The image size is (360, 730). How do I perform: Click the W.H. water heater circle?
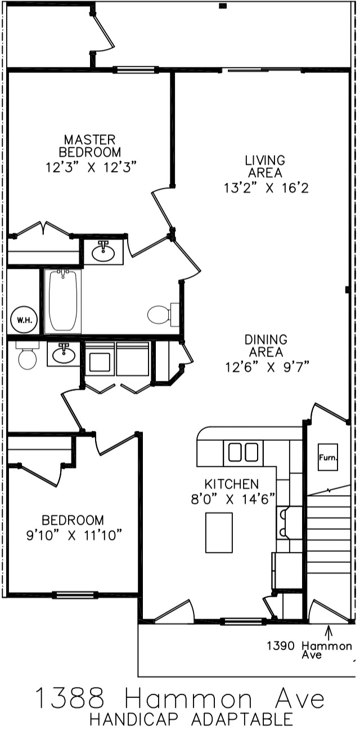tap(23, 321)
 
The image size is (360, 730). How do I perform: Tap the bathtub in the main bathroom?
tap(62, 301)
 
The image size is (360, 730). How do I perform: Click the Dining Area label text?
tap(266, 346)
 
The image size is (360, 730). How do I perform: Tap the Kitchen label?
tap(231, 484)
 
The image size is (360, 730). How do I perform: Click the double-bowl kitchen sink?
tap(243, 452)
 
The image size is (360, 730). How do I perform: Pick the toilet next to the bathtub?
tap(160, 314)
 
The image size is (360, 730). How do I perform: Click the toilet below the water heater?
tap(26, 357)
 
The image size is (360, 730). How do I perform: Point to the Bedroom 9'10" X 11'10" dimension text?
tap(74, 536)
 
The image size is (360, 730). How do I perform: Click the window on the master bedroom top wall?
tap(135, 70)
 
